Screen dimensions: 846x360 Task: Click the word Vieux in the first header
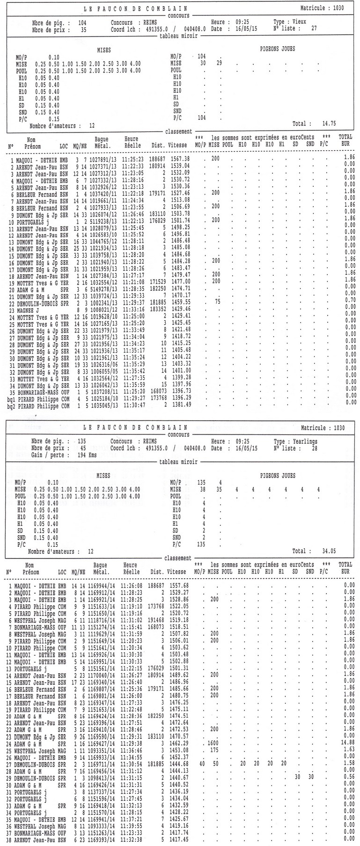(x=300, y=22)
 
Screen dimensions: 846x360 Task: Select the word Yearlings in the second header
(x=305, y=441)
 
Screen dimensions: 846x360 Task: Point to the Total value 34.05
(x=328, y=551)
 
